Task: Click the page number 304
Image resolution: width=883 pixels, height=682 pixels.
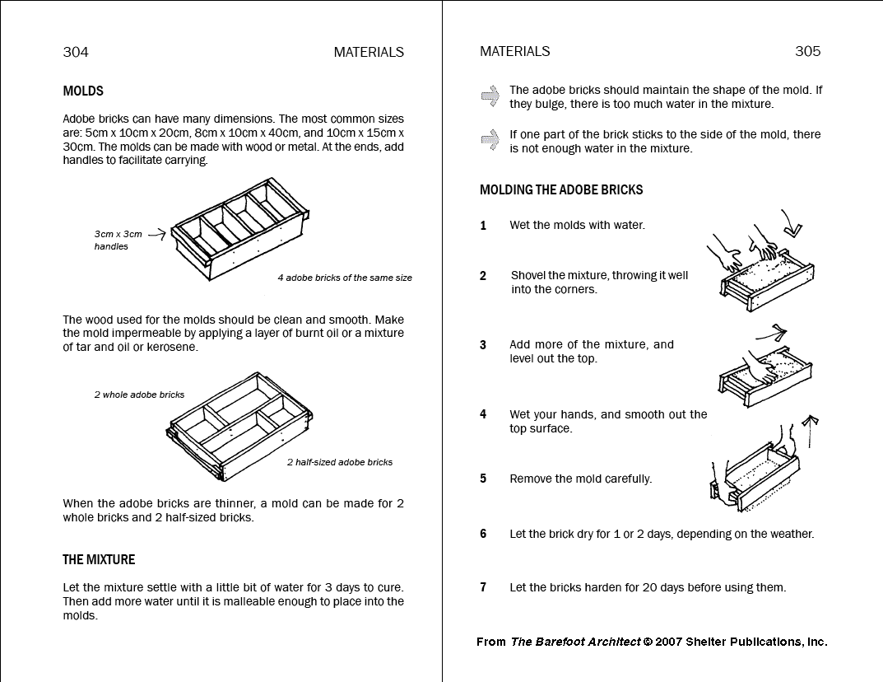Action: coord(76,52)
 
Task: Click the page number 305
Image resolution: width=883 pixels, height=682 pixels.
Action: coord(807,51)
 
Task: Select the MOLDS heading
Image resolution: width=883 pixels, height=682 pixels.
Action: coord(83,91)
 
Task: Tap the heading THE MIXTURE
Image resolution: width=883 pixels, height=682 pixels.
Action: coord(99,560)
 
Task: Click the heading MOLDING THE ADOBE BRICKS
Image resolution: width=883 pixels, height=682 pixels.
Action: coord(561,190)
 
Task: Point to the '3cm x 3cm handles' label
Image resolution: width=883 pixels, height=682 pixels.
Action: coord(118,240)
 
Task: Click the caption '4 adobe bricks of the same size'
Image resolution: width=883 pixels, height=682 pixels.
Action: coord(345,278)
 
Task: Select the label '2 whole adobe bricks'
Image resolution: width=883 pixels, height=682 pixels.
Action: coord(139,395)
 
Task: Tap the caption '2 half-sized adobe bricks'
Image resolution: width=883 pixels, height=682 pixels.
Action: coord(340,462)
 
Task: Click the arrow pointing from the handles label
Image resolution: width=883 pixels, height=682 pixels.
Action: coord(157,234)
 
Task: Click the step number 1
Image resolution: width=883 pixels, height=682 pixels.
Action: coord(484,226)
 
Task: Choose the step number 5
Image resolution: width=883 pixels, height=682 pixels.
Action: coord(484,479)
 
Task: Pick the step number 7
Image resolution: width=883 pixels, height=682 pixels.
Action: coord(484,588)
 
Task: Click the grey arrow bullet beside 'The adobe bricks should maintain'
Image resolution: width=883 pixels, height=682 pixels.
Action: coord(490,96)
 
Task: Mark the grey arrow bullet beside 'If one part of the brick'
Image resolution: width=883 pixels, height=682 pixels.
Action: coord(490,139)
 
